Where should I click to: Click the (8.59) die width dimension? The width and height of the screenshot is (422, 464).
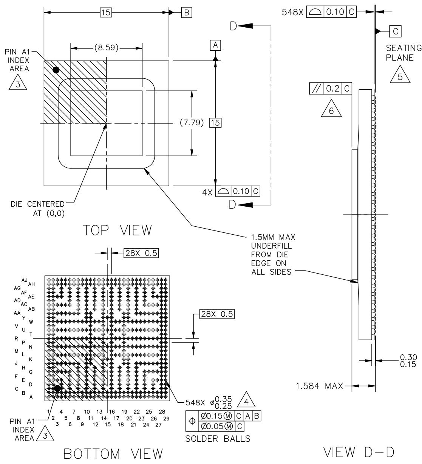coord(106,48)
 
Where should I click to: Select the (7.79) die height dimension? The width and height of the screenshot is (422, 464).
coord(192,123)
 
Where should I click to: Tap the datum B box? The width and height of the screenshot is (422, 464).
coord(187,12)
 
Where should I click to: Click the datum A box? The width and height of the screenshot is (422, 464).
coord(215,45)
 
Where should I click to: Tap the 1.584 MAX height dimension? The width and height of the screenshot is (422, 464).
coord(319,386)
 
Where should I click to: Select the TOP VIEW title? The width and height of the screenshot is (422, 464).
coord(117,230)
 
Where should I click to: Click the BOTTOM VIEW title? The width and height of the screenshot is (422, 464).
coord(113,454)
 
